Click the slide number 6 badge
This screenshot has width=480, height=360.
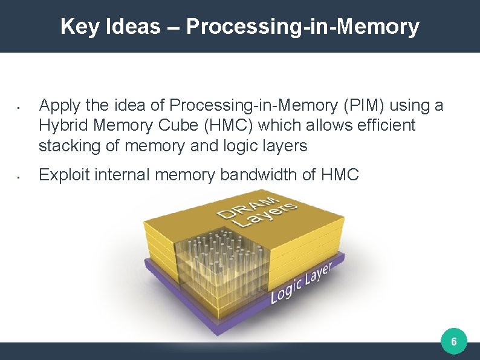[x=454, y=343]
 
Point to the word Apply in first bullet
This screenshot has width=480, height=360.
[x=57, y=106]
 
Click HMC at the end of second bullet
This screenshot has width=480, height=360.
[x=340, y=175]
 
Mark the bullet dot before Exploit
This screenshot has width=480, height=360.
[x=19, y=177]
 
